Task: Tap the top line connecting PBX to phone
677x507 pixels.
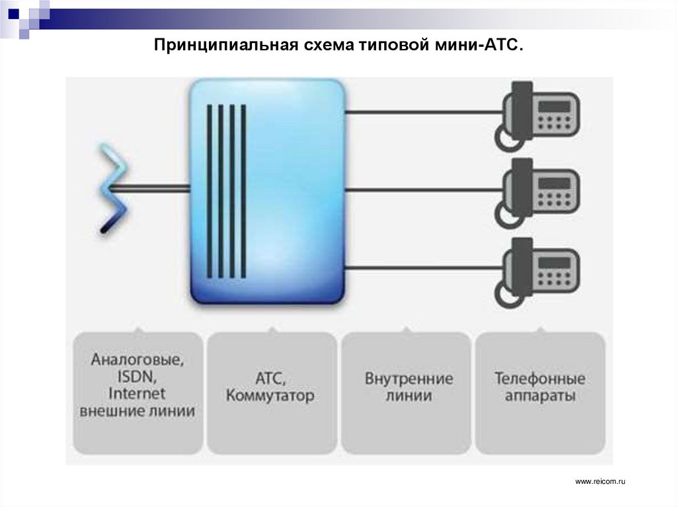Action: (x=423, y=112)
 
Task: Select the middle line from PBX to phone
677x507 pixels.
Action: (x=423, y=190)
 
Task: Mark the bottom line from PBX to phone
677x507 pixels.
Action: (x=423, y=268)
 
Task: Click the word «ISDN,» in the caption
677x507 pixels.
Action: (x=137, y=377)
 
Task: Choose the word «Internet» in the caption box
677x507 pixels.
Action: (x=137, y=394)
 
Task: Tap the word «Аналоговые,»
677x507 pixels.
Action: (x=137, y=361)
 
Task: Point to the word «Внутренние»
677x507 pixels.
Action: (x=409, y=379)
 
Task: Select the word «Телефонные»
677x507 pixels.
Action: (x=539, y=379)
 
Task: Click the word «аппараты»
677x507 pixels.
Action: (x=539, y=396)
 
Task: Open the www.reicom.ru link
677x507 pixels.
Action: (x=600, y=483)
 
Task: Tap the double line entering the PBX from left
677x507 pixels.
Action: (x=149, y=190)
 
